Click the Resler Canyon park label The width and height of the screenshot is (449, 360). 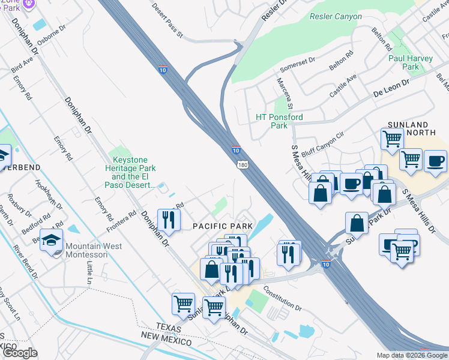point(336,17)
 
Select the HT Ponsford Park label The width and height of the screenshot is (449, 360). point(279,121)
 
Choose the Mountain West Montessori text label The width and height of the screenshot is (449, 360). point(94,250)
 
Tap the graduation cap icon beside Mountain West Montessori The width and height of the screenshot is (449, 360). point(52,241)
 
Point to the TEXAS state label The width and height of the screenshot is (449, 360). point(169,327)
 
